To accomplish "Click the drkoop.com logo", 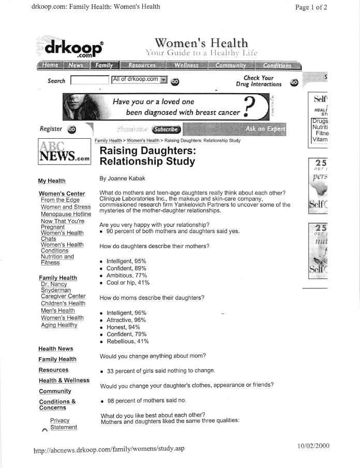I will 73,48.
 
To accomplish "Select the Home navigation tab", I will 50,65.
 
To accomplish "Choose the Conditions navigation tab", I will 277,65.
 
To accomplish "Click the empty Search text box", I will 89,80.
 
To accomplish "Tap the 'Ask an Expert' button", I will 265,129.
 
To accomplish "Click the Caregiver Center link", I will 63,296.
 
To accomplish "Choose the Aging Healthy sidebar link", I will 59,325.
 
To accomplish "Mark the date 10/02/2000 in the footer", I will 313,446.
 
